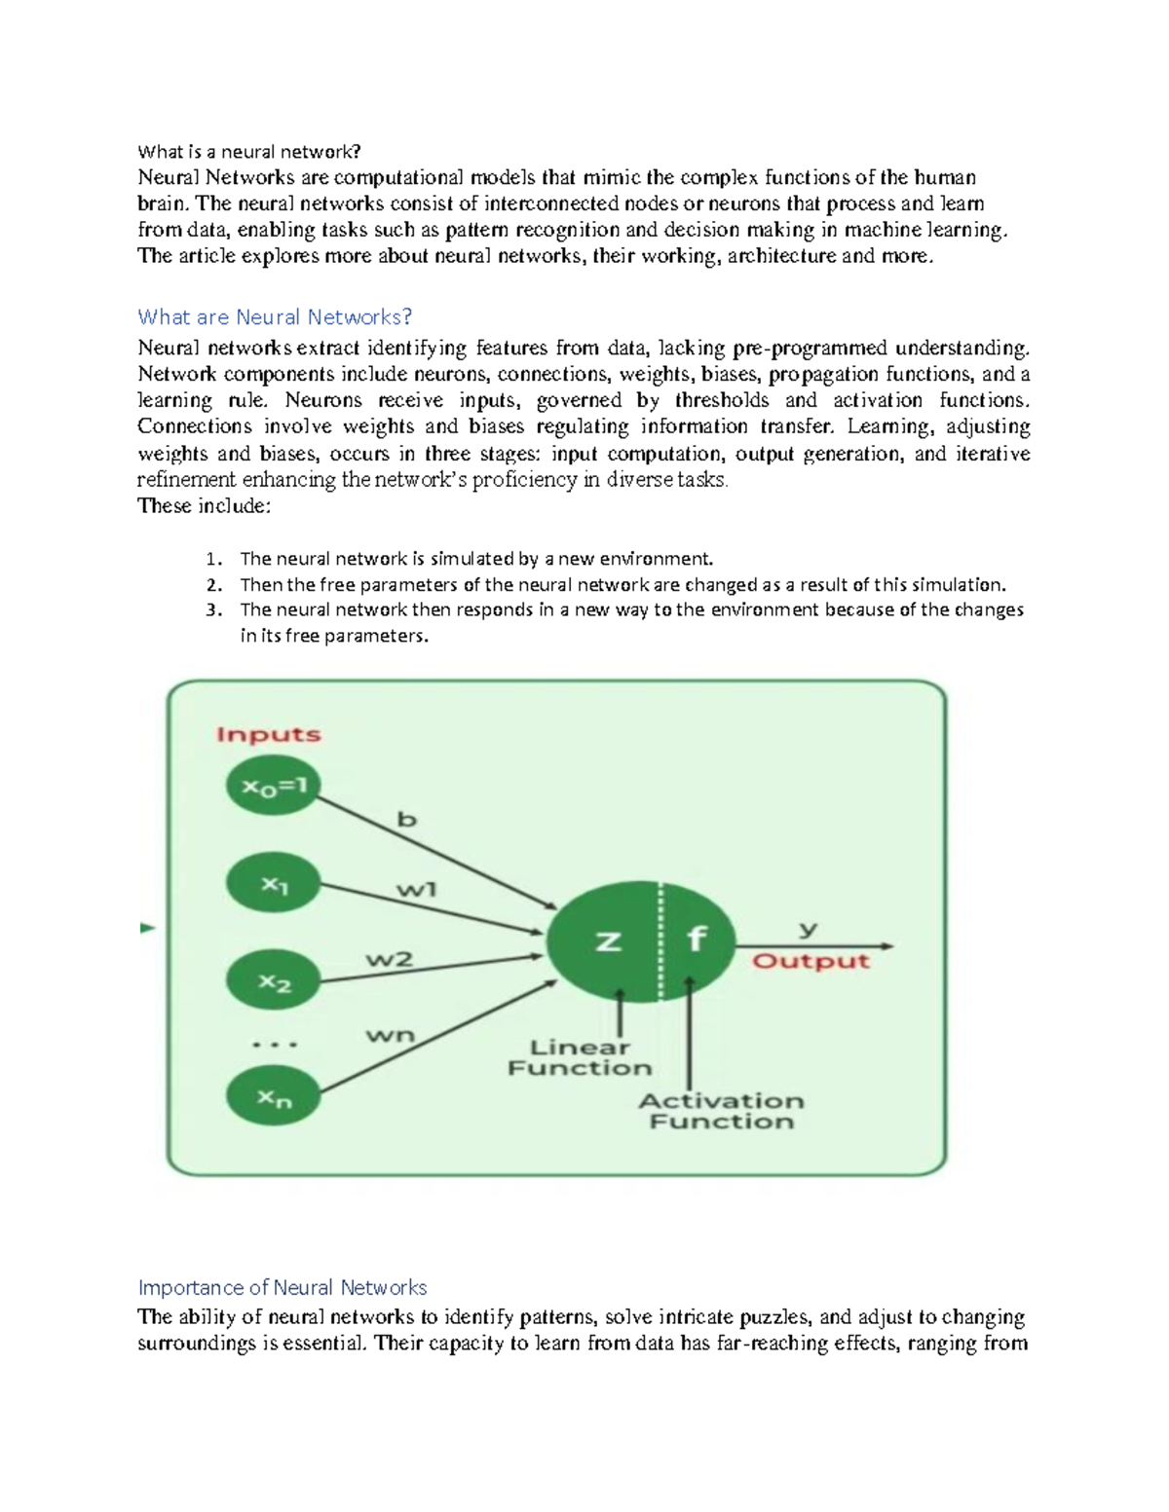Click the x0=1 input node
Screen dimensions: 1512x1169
(x=274, y=786)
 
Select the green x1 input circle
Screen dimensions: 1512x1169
(x=274, y=884)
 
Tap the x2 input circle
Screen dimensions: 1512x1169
(x=274, y=981)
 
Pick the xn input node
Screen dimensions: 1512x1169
(x=274, y=1096)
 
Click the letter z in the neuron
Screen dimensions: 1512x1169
(x=608, y=941)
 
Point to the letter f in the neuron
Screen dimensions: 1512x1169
(x=696, y=940)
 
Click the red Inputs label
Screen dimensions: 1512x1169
(x=269, y=735)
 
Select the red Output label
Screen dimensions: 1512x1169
(x=811, y=961)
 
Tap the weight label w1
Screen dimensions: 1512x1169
(x=417, y=889)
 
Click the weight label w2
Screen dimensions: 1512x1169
(x=390, y=959)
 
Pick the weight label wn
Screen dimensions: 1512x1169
(x=390, y=1035)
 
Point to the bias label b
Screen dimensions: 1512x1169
(x=406, y=820)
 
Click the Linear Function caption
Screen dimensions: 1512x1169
(x=580, y=1058)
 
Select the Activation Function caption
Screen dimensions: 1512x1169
(x=722, y=1111)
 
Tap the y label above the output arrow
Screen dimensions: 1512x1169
(x=808, y=929)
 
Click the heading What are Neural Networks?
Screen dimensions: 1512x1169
(x=275, y=316)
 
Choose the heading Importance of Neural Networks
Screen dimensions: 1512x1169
(x=283, y=1287)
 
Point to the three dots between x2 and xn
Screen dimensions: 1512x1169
(x=275, y=1045)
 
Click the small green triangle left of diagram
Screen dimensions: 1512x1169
(x=148, y=928)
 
